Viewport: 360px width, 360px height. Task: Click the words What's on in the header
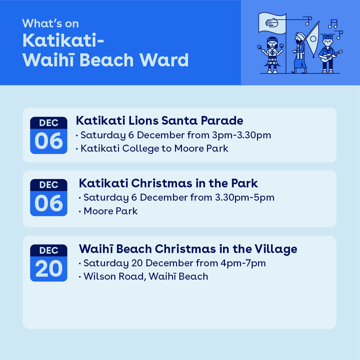50,23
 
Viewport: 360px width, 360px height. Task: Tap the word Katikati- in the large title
63,41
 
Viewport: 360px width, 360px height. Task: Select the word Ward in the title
164,60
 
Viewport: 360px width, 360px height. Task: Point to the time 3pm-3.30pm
241,135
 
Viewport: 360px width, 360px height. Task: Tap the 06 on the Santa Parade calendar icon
49,141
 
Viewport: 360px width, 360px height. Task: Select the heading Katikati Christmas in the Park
168,183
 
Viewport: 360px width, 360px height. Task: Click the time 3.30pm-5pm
245,197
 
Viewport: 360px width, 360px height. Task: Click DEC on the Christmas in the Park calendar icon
49,185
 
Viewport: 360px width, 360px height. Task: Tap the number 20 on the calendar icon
49,268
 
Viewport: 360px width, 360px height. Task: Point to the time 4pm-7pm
243,263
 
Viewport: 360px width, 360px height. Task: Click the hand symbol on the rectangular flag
272,23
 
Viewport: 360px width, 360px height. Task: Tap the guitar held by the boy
331,56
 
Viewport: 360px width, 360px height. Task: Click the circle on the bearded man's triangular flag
313,38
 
